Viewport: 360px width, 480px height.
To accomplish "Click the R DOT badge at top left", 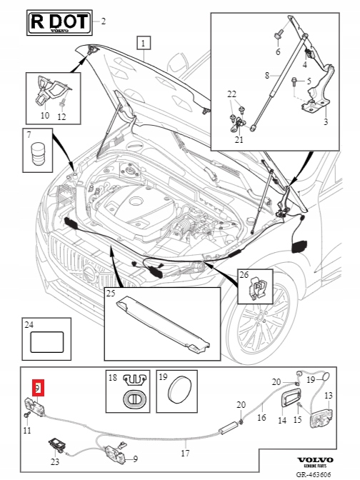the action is pos(59,22).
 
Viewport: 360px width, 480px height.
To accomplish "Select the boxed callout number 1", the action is pos(144,43).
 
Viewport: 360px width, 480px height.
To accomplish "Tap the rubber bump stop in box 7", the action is pos(38,153).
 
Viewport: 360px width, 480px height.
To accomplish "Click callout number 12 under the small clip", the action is pos(61,117).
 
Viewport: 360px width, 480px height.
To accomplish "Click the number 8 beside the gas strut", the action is pos(267,75).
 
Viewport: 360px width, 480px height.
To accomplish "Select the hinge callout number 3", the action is pos(326,122).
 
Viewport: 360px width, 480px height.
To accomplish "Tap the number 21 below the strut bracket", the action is pos(239,139).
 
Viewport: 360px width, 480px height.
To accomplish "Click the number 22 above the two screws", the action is pos(231,94).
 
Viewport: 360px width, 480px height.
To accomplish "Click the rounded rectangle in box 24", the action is pos(47,342).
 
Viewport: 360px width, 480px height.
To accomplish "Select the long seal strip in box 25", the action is pos(163,324).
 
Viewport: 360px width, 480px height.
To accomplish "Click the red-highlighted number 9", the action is pos(39,388).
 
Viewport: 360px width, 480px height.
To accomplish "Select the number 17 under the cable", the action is pos(185,453).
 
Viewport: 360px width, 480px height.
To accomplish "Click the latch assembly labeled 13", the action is pos(321,418).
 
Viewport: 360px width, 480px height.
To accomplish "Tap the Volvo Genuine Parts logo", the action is pos(315,462).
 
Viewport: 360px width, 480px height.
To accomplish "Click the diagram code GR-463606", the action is pos(314,474).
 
